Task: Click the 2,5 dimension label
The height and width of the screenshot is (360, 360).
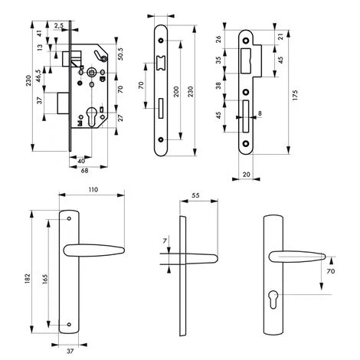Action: click(x=59, y=25)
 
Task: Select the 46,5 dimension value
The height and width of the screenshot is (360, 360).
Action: click(x=38, y=76)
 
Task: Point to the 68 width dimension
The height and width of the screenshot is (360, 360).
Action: click(x=84, y=170)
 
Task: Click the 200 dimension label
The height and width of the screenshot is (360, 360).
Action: click(x=176, y=92)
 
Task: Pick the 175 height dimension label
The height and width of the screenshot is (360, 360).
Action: click(x=295, y=95)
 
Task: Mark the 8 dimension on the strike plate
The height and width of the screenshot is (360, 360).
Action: click(x=260, y=113)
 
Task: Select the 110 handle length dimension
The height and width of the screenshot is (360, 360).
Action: click(x=93, y=190)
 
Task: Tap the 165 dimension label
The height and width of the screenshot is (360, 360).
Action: click(x=45, y=280)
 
